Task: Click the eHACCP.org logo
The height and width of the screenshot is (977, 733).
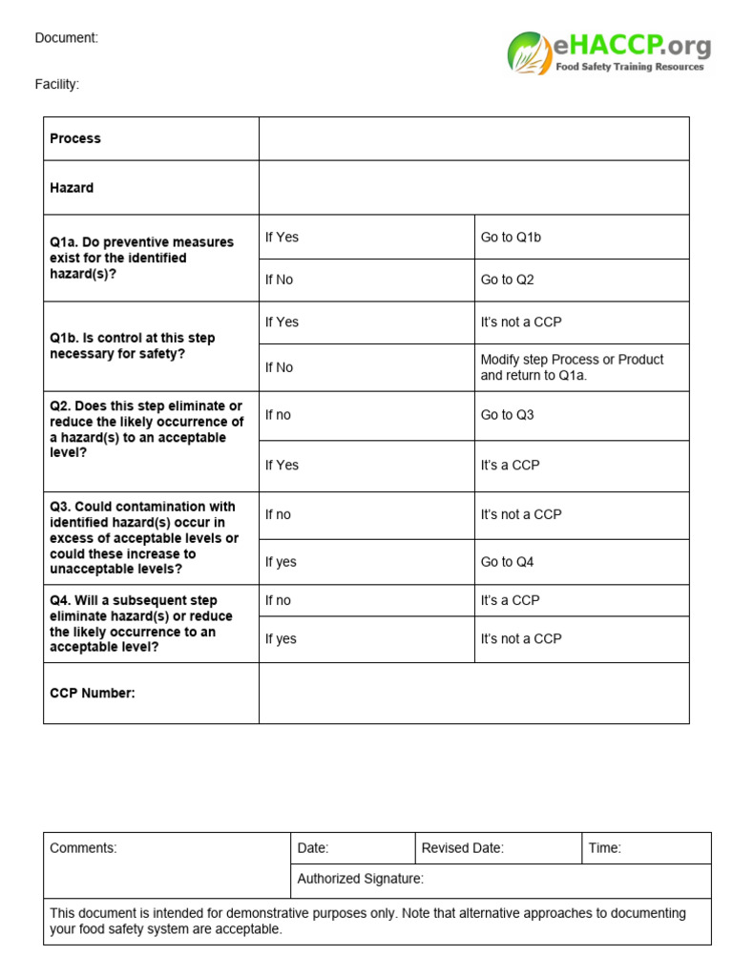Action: click(608, 52)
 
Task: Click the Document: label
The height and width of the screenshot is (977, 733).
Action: click(67, 38)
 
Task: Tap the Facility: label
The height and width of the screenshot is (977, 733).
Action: click(57, 84)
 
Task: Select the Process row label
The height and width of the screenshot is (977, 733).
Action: click(75, 138)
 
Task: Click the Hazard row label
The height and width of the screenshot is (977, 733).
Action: click(72, 188)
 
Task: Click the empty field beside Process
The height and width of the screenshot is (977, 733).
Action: click(473, 138)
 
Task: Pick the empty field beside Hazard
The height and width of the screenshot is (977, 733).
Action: click(473, 188)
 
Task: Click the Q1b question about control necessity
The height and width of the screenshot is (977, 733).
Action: click(133, 345)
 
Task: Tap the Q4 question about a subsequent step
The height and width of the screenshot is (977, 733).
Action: click(141, 623)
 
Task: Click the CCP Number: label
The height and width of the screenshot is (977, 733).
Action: click(93, 693)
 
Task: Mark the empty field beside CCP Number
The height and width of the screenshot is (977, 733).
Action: click(473, 693)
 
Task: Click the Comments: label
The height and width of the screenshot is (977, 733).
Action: click(83, 847)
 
